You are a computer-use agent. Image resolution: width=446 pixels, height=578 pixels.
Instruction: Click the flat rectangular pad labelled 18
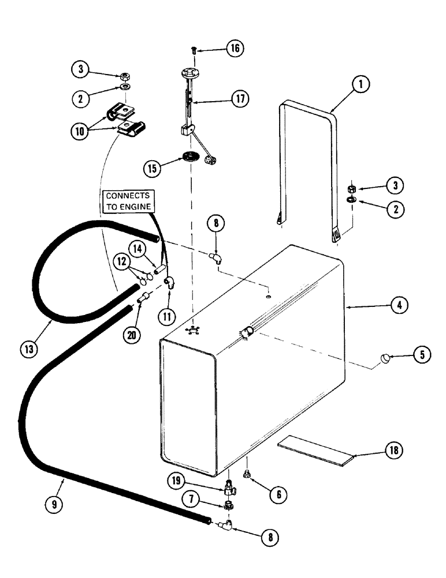(x=315, y=450)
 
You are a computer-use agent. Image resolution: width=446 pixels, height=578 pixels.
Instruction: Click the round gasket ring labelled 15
(x=189, y=157)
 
